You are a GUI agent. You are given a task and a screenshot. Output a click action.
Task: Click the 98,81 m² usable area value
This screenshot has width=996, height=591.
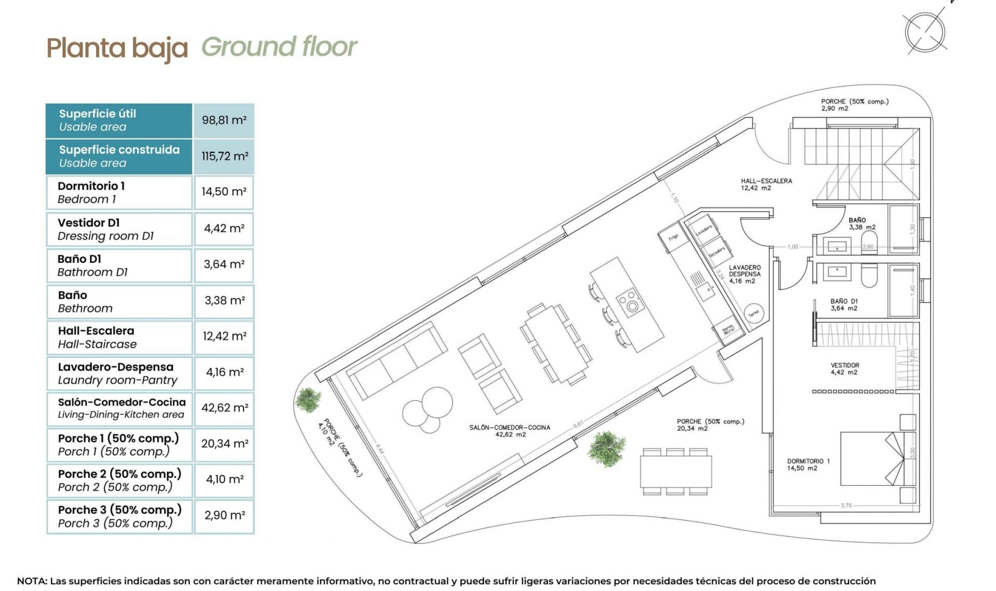point(224,120)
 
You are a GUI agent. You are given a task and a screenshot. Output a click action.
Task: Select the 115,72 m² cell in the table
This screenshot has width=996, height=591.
point(224,156)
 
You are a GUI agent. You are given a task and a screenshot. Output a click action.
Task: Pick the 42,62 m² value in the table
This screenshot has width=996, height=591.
point(224,408)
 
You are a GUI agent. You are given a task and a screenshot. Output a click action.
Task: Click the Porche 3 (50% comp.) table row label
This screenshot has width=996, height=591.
point(119,516)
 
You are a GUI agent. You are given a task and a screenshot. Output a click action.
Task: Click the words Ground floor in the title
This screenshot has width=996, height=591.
point(279,47)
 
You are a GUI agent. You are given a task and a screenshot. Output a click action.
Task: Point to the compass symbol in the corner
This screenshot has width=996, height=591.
point(925,33)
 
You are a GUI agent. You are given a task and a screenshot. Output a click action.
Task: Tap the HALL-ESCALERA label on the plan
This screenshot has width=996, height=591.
point(766,184)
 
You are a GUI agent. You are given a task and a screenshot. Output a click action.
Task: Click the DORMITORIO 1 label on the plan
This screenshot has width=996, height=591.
point(808,464)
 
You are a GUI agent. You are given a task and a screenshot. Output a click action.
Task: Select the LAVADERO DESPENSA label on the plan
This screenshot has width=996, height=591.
point(744,274)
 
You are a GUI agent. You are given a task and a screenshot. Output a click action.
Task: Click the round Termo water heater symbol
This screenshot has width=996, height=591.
point(753,313)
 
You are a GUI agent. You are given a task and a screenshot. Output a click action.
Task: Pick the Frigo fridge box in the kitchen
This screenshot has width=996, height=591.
point(673,237)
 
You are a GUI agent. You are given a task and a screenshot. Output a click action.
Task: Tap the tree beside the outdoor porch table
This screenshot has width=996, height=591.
point(606,448)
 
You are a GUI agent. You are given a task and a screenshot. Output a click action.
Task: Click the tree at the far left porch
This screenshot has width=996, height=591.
point(308,400)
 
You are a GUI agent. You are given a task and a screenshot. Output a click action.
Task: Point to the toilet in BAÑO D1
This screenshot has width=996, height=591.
point(869,275)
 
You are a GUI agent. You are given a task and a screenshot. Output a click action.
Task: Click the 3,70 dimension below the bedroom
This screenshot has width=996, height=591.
point(846,505)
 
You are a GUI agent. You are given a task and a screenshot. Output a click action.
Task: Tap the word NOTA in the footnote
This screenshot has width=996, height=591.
point(31,581)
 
